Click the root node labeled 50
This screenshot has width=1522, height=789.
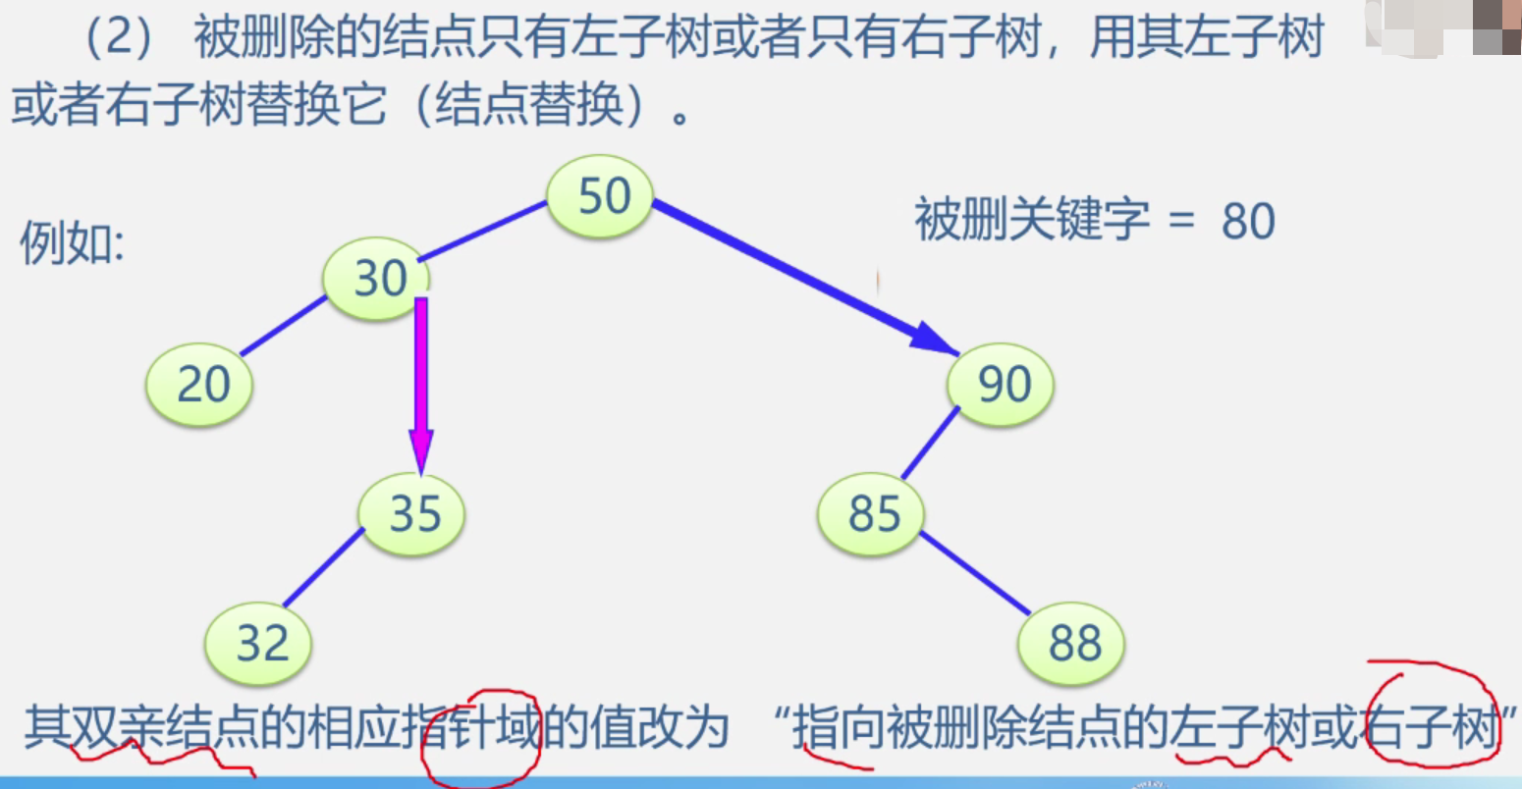(599, 196)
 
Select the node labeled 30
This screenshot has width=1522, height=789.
(379, 279)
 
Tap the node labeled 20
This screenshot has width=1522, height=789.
(200, 384)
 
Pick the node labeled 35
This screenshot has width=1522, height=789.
(412, 514)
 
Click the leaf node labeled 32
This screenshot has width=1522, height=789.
(259, 644)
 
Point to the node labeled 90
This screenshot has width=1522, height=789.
(1001, 384)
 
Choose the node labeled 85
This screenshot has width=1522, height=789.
(872, 514)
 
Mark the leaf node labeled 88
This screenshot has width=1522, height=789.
(1072, 644)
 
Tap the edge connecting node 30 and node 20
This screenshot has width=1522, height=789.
(283, 325)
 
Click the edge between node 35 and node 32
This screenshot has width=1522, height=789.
(323, 567)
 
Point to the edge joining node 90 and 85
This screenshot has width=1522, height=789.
(930, 443)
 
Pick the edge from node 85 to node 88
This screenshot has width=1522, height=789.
(975, 573)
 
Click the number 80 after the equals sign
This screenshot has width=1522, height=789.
(1248, 221)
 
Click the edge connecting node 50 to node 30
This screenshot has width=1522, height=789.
(482, 232)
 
